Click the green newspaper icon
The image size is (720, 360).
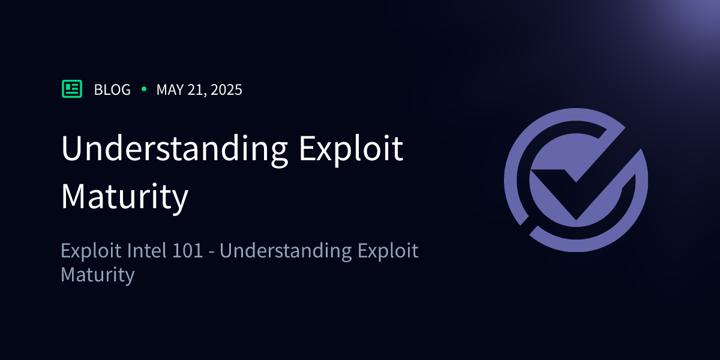coord(72,89)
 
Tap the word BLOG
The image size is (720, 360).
coord(113,89)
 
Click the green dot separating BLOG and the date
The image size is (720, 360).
coord(144,89)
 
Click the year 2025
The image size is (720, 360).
coord(226,89)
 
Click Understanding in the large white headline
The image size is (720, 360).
coord(175,149)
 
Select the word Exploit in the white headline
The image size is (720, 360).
coord(352,149)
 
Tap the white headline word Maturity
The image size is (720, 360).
coord(125,197)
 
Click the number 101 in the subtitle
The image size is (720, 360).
coord(187,250)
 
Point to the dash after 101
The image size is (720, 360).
coord(211,251)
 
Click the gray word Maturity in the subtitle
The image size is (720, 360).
coord(98,275)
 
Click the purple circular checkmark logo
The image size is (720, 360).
coord(576,180)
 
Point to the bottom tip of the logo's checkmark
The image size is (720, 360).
coord(576,220)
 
